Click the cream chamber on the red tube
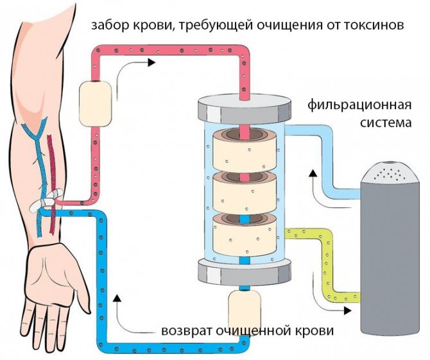94,103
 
